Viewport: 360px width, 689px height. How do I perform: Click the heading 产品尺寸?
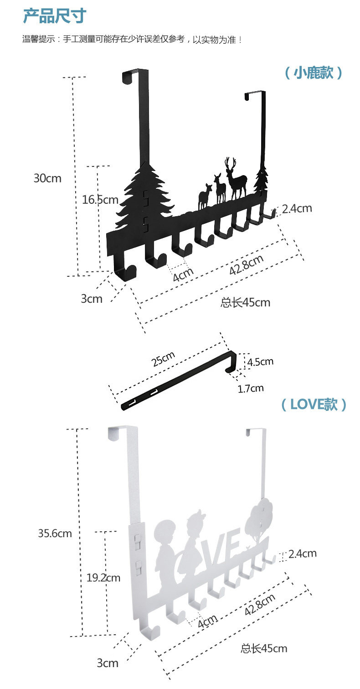pyautogui.click(x=55, y=16)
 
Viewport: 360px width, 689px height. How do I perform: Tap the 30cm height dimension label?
pyautogui.click(x=47, y=178)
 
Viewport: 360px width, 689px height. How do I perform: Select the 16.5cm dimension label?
pyautogui.click(x=100, y=199)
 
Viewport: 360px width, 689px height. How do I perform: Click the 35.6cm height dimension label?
pyautogui.click(x=55, y=533)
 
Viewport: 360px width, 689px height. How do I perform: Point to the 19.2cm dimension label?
pyautogui.click(x=103, y=578)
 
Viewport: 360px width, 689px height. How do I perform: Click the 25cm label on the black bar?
pyautogui.click(x=163, y=360)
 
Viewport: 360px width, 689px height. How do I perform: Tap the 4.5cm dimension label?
pyautogui.click(x=261, y=362)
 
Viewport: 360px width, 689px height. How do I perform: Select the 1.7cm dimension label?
pyautogui.click(x=251, y=388)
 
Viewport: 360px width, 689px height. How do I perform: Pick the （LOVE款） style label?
pyautogui.click(x=313, y=404)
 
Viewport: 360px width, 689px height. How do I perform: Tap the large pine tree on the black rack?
pyautogui.click(x=145, y=196)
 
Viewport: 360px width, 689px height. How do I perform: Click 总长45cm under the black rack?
pyautogui.click(x=245, y=302)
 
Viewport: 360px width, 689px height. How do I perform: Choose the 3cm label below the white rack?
pyautogui.click(x=108, y=663)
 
